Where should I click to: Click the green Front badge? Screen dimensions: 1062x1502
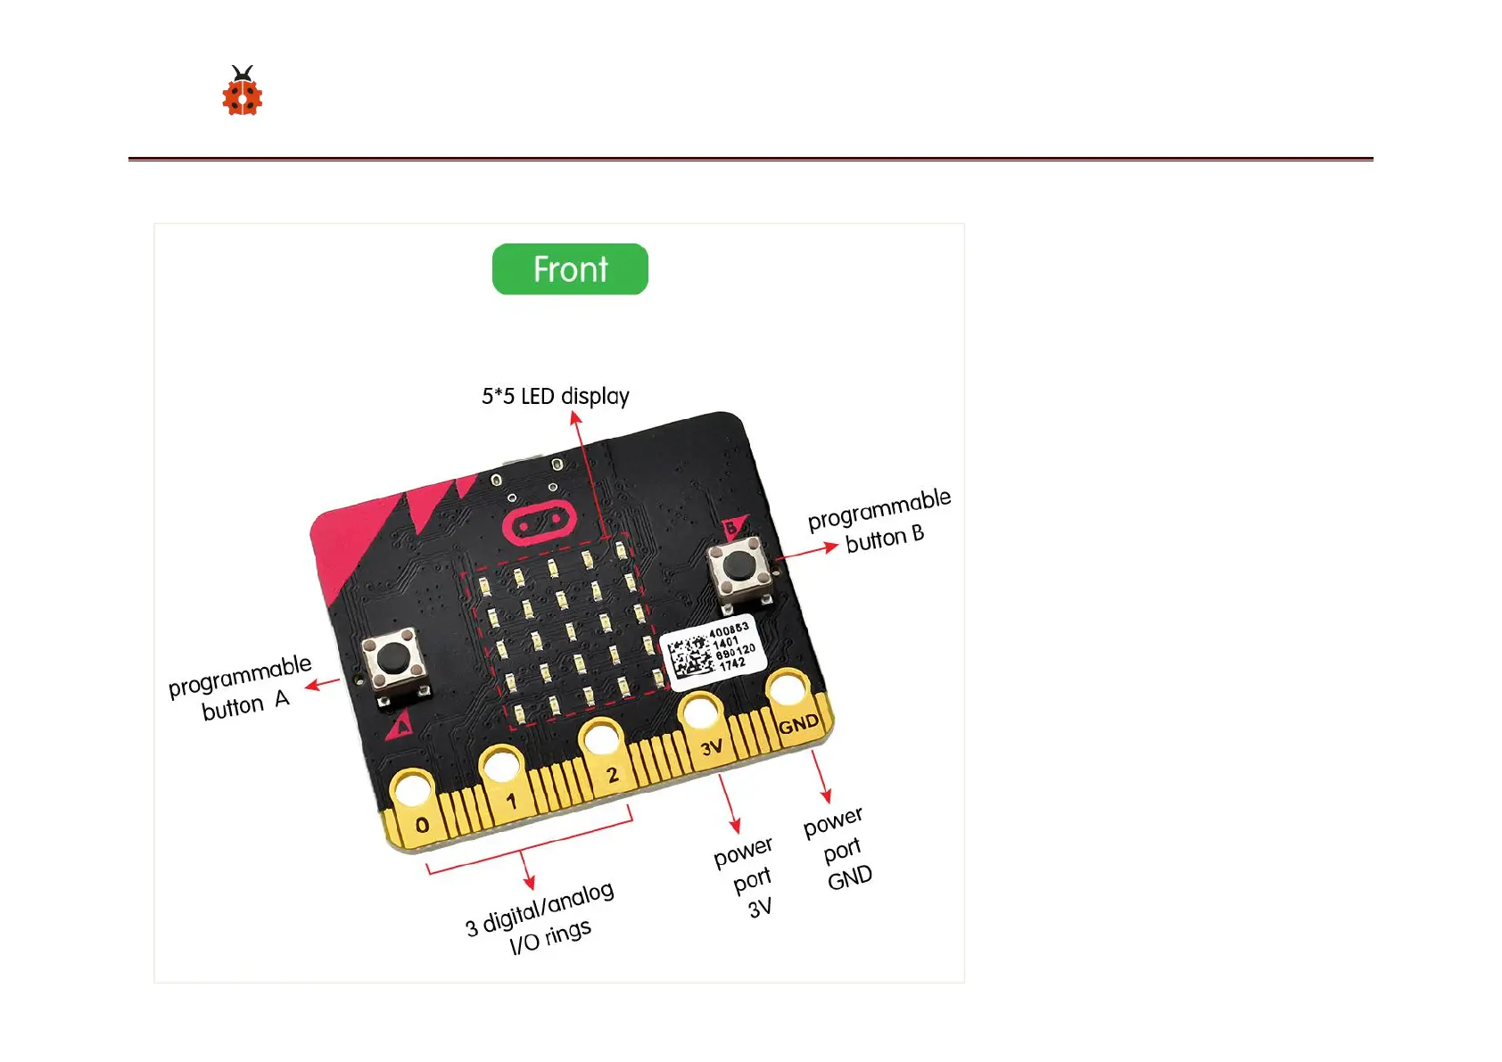pos(570,269)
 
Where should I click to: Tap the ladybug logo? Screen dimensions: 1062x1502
pos(242,92)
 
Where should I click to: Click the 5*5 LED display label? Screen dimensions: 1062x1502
pos(555,396)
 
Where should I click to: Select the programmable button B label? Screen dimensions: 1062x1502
pos(880,522)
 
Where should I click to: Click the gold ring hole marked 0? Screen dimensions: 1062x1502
pos(411,790)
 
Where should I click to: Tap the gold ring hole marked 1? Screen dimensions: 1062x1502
pos(500,766)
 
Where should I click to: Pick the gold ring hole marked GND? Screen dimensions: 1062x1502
pos(788,689)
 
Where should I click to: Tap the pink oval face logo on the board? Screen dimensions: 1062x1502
pos(538,524)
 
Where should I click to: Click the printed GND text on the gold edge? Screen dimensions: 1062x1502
pos(798,724)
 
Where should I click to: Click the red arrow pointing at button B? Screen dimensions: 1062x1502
pos(807,550)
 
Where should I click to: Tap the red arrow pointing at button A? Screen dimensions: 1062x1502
pos(322,685)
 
